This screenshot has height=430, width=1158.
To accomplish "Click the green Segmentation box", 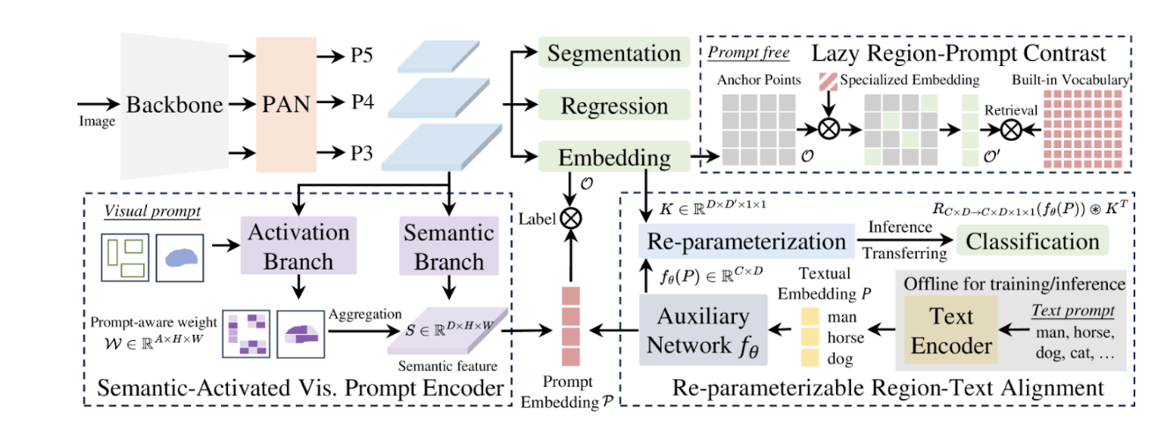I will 613,54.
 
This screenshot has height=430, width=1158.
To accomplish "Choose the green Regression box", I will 613,107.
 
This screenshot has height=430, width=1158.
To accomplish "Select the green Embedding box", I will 613,158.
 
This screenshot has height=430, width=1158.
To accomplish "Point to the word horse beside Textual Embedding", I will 847,336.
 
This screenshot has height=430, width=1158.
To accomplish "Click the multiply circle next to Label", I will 572,214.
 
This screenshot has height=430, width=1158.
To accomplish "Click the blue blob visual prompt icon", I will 180,255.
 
